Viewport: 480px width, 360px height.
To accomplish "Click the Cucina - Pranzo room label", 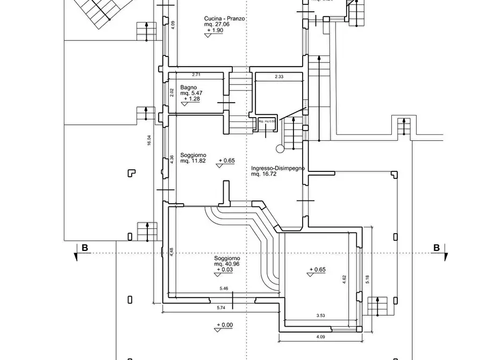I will click(225, 18).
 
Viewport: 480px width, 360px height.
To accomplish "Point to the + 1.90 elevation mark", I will click(214, 31).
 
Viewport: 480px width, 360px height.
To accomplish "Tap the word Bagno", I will click(188, 88).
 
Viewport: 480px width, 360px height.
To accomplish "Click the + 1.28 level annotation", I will click(192, 99).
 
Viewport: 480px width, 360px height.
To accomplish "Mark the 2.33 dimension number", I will click(279, 77).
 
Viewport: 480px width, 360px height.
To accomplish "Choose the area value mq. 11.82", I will click(192, 161).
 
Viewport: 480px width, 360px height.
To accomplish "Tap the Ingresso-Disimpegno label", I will click(278, 168).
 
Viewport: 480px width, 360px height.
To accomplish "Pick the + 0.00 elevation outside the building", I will click(224, 325).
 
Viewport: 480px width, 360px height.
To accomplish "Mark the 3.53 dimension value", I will click(320, 316).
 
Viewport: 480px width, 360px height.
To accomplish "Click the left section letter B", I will click(84, 248).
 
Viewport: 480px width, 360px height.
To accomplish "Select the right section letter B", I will click(436, 248).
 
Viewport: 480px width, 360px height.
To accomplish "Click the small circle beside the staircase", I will click(280, 148).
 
